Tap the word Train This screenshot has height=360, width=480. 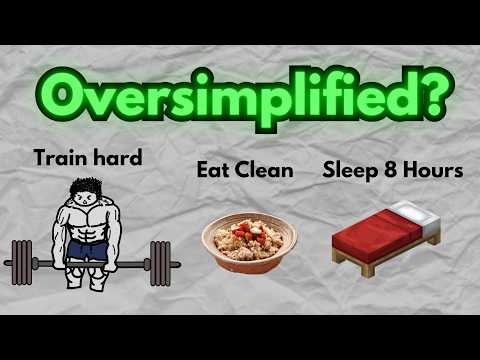[x=56, y=156]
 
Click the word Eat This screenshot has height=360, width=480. [x=214, y=170]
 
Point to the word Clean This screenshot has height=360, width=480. [x=264, y=170]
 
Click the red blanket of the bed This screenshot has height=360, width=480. [x=375, y=240]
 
